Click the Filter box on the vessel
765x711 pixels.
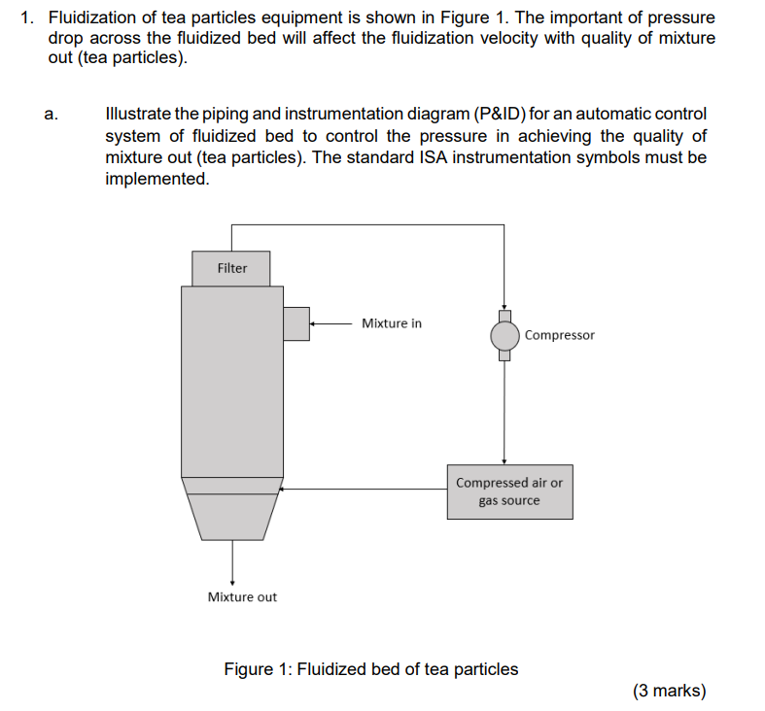tap(231, 268)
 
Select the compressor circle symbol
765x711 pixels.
tap(504, 336)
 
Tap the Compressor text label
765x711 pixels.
tap(559, 335)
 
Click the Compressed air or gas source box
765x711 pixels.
tap(509, 491)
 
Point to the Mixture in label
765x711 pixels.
tap(392, 323)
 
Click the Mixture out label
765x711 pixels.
tap(242, 596)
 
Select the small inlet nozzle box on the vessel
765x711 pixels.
tap(296, 323)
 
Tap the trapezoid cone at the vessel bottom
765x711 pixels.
tap(232, 516)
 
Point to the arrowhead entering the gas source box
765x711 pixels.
tap(504, 460)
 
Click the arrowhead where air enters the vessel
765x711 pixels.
tap(284, 489)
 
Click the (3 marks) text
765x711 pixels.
tap(669, 691)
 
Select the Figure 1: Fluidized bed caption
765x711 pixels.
tap(370, 669)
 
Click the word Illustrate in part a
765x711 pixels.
tap(136, 115)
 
